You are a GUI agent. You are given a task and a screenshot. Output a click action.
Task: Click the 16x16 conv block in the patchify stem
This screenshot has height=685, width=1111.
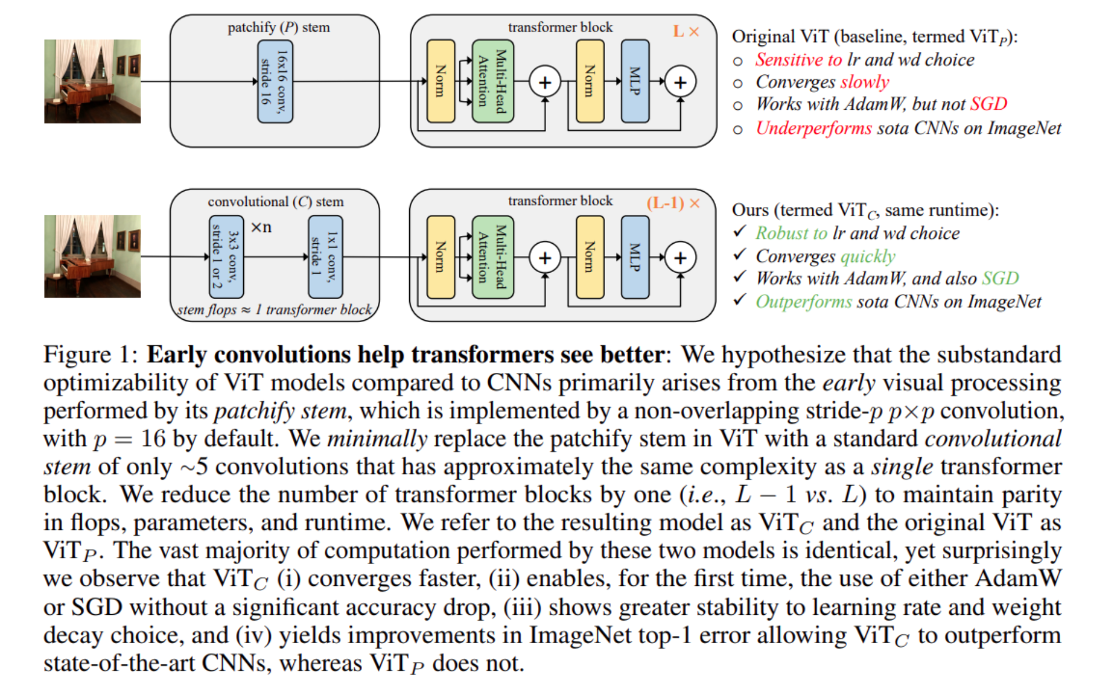coord(275,81)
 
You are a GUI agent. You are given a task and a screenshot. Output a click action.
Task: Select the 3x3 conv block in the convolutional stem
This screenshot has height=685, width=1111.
coord(226,257)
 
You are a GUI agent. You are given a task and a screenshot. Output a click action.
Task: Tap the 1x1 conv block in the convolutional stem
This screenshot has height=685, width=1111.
coord(325,257)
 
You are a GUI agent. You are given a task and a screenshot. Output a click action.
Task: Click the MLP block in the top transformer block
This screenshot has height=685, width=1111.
coord(635,81)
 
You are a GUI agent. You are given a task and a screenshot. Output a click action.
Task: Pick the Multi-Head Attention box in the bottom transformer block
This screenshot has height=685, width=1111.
coord(493,257)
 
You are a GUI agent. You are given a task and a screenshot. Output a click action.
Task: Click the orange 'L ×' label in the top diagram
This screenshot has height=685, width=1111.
coord(686,31)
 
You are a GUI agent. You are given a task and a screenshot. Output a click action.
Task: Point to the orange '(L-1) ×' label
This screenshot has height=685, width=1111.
coord(673,204)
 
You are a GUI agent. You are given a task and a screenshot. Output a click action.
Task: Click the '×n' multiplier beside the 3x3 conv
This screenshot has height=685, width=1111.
coord(262,227)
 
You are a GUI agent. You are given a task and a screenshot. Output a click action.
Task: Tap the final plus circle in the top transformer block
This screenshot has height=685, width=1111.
coord(680,82)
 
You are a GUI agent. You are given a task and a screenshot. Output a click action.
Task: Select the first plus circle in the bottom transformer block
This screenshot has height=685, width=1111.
coord(544,258)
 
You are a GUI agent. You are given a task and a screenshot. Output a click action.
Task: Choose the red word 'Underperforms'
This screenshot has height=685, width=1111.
coord(813,128)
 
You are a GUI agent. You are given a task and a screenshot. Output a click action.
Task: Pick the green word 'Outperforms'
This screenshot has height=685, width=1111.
coord(803,301)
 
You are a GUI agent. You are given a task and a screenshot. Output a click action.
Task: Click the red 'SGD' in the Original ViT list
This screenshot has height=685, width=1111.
coord(988,104)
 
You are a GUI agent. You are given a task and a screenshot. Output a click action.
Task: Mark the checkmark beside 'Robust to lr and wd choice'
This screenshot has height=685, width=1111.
coord(740,231)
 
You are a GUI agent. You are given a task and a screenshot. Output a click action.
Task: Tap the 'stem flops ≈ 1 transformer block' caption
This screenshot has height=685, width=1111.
coord(275,310)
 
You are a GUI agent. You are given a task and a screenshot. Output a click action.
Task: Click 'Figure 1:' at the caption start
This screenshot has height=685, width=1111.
coord(90,355)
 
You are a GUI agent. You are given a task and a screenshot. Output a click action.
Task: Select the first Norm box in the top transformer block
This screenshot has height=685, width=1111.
coord(440,81)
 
